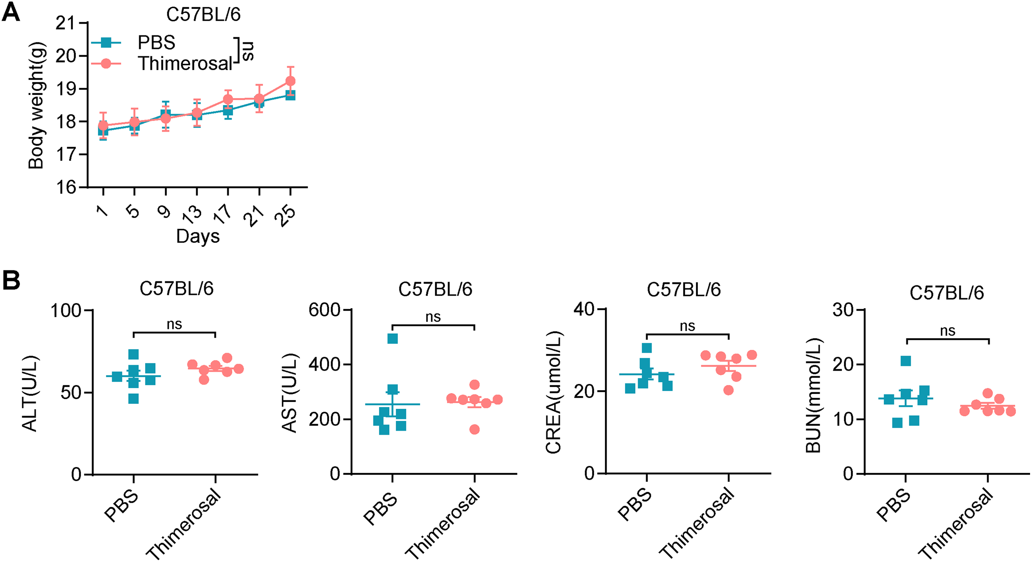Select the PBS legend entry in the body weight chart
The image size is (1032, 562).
156,42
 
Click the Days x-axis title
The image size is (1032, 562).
198,236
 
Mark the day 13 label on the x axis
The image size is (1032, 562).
192,213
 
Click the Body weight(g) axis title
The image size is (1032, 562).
36,105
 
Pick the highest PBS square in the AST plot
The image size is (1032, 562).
393,339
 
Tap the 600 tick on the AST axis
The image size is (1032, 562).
324,310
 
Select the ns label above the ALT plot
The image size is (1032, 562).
174,324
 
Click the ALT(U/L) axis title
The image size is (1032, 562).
29,393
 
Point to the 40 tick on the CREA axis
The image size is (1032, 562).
584,309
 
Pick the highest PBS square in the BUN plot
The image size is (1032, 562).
906,361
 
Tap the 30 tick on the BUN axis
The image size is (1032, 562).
843,310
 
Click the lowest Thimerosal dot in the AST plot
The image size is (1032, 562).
474,430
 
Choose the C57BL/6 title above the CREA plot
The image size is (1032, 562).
683,289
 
